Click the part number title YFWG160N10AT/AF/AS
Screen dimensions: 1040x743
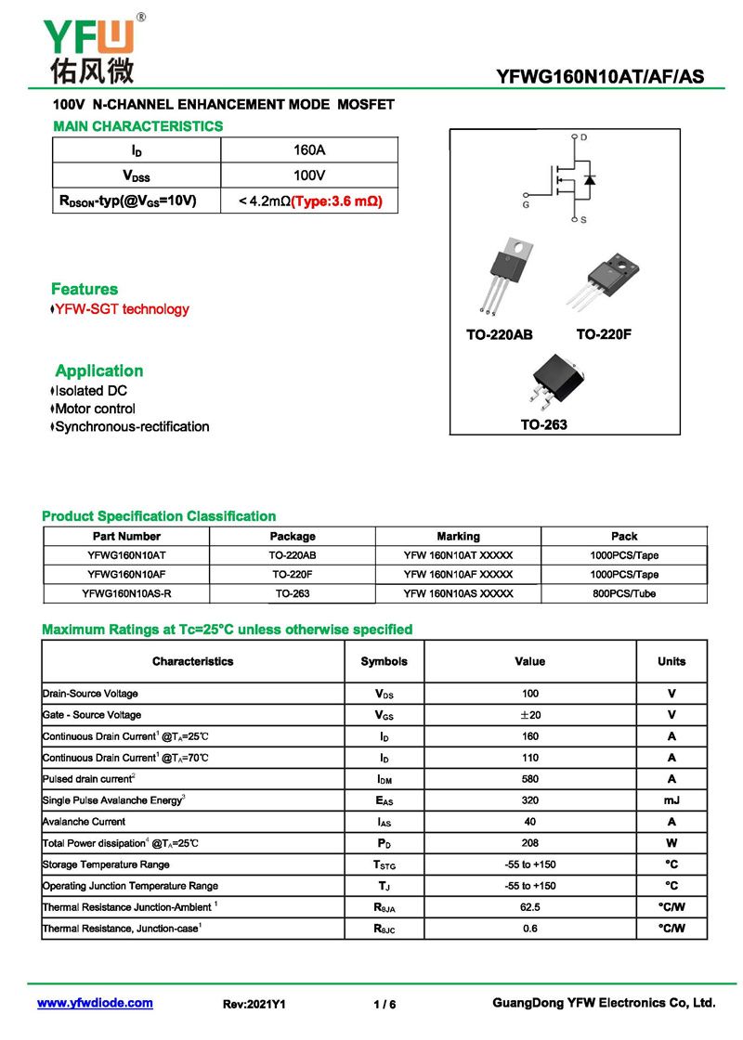coord(601,76)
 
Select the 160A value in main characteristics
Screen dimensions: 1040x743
coord(308,149)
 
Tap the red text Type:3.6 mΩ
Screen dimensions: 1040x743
coord(337,201)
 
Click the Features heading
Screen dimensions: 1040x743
coord(85,289)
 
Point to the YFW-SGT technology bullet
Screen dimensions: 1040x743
coord(121,309)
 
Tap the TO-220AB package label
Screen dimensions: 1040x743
coord(499,334)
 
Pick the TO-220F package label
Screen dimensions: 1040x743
coord(604,334)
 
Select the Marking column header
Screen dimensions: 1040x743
coord(458,536)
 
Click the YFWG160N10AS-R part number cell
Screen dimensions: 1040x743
coord(126,593)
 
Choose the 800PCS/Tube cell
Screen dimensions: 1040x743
coord(624,593)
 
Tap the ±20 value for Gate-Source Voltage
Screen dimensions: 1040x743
coord(529,715)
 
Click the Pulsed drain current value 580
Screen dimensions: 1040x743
coord(529,779)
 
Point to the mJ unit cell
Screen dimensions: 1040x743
coord(671,800)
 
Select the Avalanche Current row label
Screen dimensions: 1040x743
coord(85,822)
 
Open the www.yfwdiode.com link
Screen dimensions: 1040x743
coord(95,1003)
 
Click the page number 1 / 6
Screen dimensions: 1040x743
coord(385,1004)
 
